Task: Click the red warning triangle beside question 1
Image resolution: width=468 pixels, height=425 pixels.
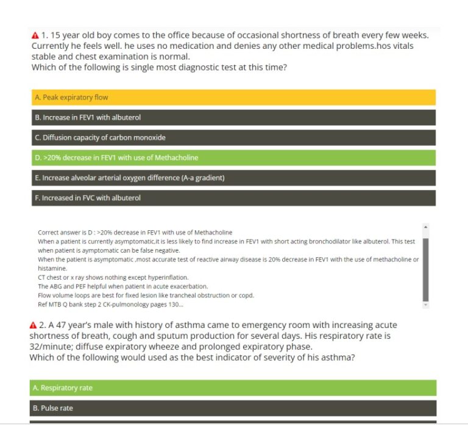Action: pos(35,35)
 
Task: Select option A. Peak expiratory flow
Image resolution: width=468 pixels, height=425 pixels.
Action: pos(233,97)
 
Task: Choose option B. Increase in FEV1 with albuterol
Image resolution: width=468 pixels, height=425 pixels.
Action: pos(233,117)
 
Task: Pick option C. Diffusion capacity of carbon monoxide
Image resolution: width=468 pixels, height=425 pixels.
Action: pos(233,137)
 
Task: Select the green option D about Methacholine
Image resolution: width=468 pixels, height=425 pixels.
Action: pos(233,158)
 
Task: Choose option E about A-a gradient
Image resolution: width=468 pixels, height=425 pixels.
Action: pos(233,178)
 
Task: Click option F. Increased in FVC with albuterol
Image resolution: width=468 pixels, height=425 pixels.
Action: pos(233,198)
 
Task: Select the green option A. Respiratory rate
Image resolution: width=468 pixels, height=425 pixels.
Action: pos(233,388)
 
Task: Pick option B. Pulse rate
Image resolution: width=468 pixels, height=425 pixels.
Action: pos(233,408)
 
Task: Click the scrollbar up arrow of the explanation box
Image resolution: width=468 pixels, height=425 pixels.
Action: pos(425,227)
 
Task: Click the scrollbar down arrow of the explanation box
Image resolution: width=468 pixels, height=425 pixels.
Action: pos(425,304)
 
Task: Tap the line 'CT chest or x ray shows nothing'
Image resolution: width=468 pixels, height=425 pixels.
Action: pos(104,277)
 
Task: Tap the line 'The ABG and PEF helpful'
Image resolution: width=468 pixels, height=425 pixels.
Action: pos(122,286)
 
